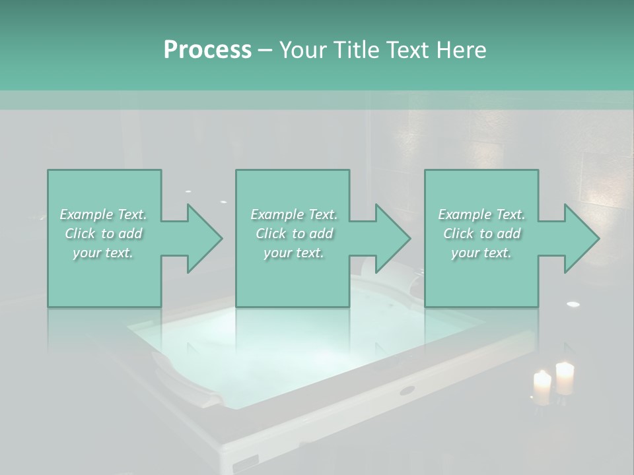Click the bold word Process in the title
pos(207,49)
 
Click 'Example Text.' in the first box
pos(104,214)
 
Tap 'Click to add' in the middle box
pos(294,234)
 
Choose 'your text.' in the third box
pos(481,253)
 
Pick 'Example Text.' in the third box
pos(481,214)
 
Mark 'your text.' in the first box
pos(104,253)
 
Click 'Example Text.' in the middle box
pos(294,214)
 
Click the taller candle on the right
pos(565,378)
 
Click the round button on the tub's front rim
pos(407,390)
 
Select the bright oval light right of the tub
pos(573,304)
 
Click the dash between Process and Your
pos(265,50)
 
